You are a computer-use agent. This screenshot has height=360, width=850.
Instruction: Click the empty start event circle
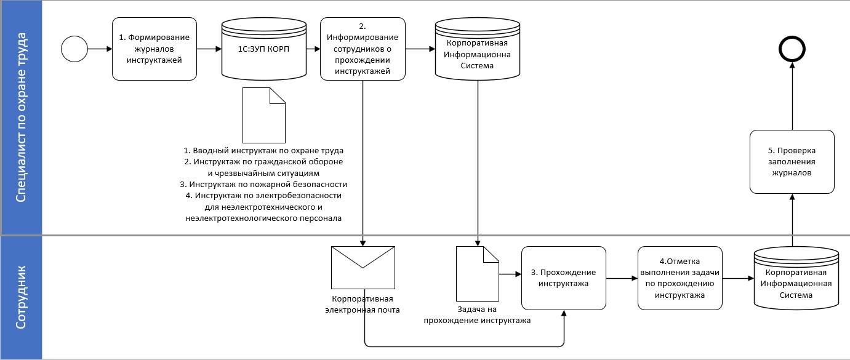74,49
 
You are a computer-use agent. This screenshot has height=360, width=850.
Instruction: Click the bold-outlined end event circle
792,49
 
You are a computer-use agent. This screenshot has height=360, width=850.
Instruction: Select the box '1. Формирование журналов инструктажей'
154,49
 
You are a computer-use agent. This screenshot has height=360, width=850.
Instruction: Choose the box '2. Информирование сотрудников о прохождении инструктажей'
363,49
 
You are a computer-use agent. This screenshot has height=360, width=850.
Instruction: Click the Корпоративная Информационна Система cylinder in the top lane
478,49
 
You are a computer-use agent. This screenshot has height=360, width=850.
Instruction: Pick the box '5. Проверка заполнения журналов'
792,162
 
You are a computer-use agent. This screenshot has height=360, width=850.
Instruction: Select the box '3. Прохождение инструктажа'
563,278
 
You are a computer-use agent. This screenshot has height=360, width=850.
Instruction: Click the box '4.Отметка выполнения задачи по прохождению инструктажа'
680,278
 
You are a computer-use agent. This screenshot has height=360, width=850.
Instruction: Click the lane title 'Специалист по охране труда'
21,117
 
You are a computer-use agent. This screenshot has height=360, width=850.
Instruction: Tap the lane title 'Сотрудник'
21,297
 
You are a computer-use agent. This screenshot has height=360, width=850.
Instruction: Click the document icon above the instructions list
264,115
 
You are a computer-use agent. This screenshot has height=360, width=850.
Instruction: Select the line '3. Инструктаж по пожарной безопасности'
264,184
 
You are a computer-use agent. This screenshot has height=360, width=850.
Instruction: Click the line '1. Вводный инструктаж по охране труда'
264,150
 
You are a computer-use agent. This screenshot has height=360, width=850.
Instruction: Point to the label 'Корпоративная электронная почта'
363,304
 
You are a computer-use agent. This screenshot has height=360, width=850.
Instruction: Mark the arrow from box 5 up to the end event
792,98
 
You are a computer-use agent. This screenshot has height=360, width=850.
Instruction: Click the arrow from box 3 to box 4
622,278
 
